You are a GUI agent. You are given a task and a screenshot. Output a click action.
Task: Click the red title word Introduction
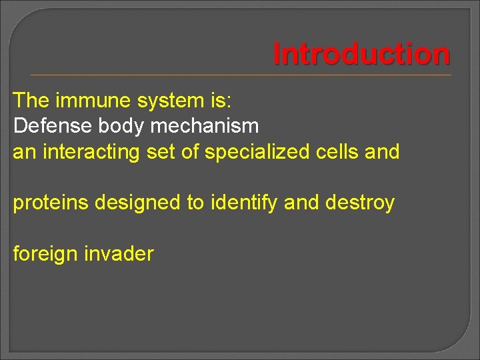pos(361,54)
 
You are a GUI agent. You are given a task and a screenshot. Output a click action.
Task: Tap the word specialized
pos(257,151)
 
